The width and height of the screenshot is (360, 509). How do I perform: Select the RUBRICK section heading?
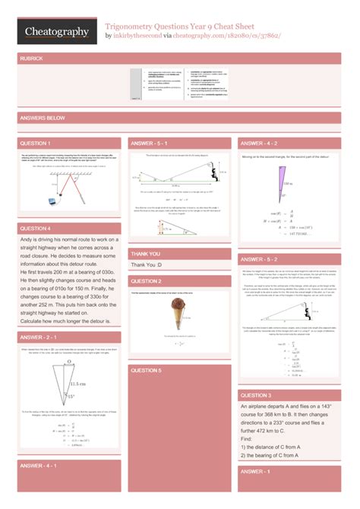point(34,58)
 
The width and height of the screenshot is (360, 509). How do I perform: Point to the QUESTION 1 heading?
point(35,144)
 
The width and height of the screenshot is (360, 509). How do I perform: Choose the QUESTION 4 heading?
point(35,228)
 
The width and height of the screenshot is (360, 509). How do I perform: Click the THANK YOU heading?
point(145,254)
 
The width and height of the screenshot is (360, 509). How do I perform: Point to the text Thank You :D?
point(146,265)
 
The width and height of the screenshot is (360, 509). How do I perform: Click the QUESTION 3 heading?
point(256,396)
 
